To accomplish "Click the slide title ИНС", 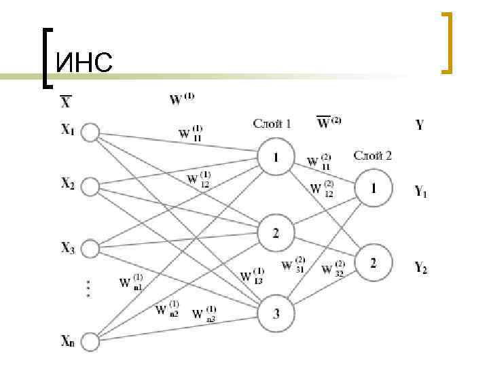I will click(84, 64).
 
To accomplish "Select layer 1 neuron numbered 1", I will click(276, 158).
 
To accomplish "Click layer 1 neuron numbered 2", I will click(276, 234).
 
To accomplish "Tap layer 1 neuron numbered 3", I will click(276, 313).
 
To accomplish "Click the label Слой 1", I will click(272, 124).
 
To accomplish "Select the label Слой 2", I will click(372, 156).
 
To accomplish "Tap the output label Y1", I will click(421, 192).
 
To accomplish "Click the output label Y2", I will click(421, 269).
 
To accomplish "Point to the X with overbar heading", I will click(66, 103).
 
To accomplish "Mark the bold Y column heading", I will click(420, 125).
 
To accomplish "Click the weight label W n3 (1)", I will click(204, 313).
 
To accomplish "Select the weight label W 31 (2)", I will click(293, 264).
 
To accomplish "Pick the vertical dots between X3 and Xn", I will click(88, 288).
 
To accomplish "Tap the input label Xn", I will click(67, 340).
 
